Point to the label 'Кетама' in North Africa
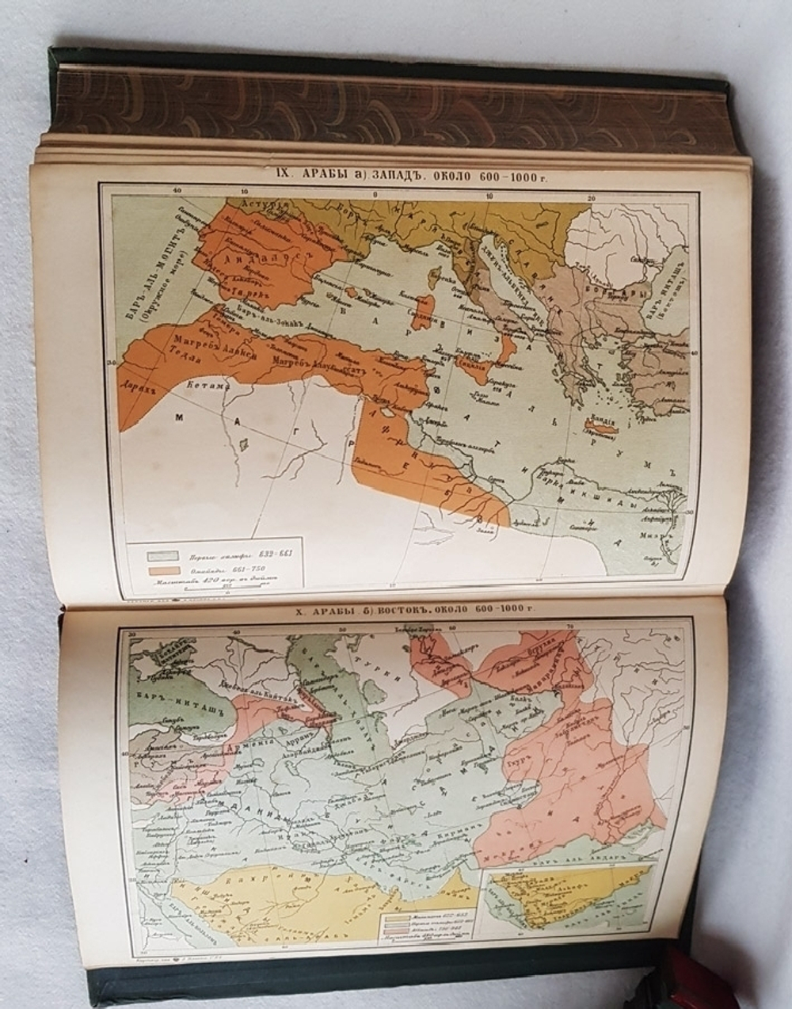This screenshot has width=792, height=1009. [x=208, y=385]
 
